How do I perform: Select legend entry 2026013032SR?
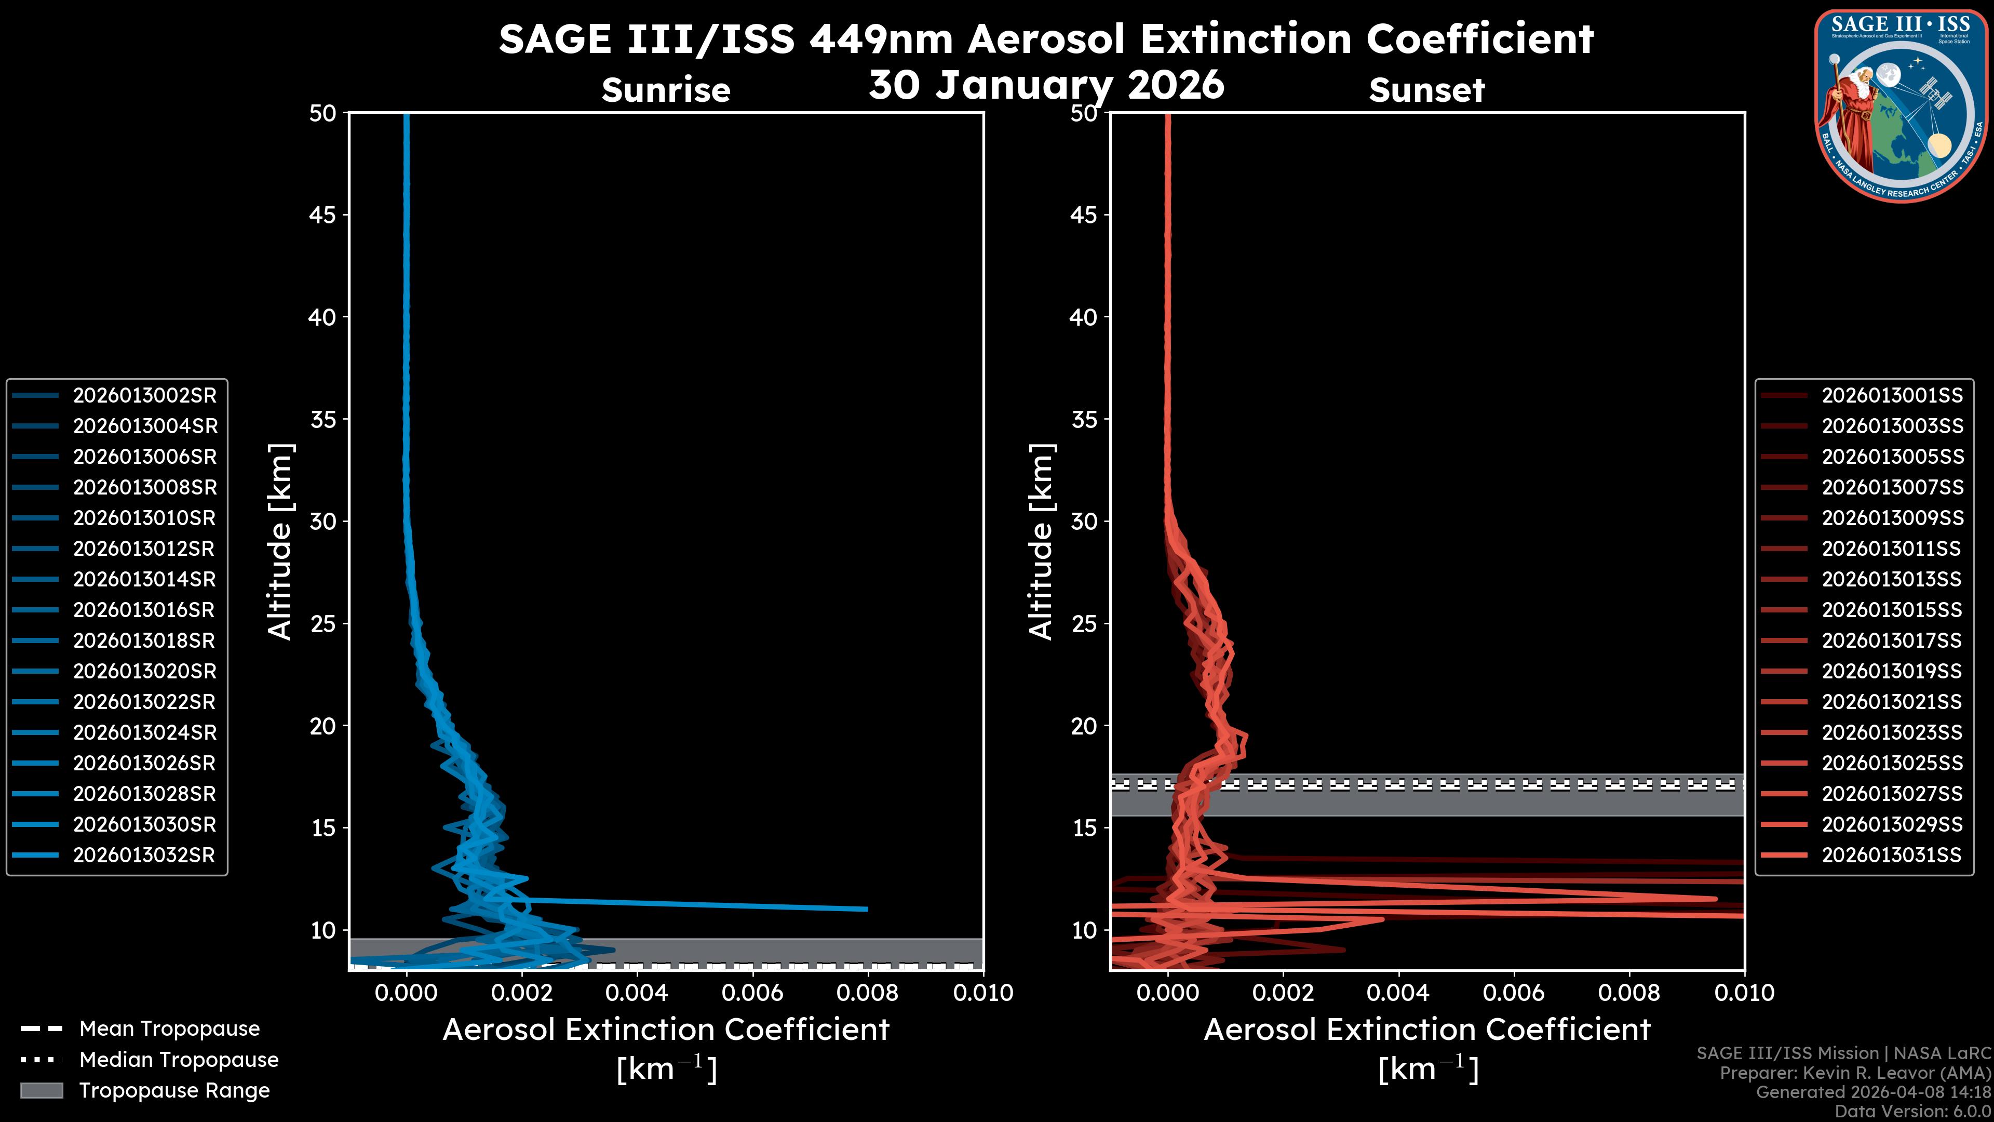[x=144, y=856]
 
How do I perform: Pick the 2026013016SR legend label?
[x=143, y=610]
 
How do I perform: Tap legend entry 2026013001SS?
[x=1892, y=396]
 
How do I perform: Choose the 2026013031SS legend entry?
[x=1891, y=856]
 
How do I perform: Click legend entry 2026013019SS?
[x=1891, y=671]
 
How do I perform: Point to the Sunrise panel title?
[x=666, y=90]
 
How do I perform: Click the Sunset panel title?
[x=1426, y=90]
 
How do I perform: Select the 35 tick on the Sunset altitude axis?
[x=1084, y=420]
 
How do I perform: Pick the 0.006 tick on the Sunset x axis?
[x=1514, y=993]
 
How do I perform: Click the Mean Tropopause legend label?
[x=169, y=1029]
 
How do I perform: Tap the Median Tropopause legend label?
[x=179, y=1060]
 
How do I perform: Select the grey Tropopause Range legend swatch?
[x=42, y=1091]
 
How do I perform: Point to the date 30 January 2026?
[x=1046, y=85]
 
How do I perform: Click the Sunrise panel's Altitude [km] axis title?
[x=279, y=541]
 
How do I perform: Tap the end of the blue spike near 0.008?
[x=866, y=909]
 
